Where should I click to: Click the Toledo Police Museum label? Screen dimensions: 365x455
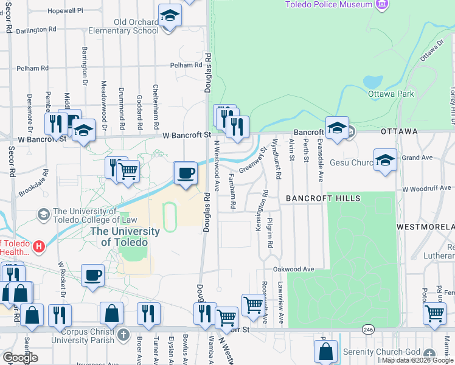(328, 5)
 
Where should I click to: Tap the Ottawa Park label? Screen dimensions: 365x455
(391, 94)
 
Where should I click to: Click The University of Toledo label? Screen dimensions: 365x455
(125, 236)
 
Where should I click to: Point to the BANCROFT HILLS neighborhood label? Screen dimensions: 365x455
(323, 199)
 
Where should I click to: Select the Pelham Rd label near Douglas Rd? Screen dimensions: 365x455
(186, 65)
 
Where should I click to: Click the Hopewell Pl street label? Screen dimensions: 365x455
(65, 11)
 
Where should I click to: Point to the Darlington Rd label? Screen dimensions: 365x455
(36, 29)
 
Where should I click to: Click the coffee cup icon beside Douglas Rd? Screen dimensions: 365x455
(186, 173)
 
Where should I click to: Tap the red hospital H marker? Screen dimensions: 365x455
(39, 247)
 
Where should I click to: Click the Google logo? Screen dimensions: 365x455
(20, 358)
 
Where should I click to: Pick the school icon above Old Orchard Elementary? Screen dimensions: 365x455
(170, 16)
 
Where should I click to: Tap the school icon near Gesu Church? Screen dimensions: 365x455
(385, 160)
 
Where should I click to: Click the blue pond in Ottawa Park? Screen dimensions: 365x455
(372, 82)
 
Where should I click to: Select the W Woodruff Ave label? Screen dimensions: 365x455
(429, 189)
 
